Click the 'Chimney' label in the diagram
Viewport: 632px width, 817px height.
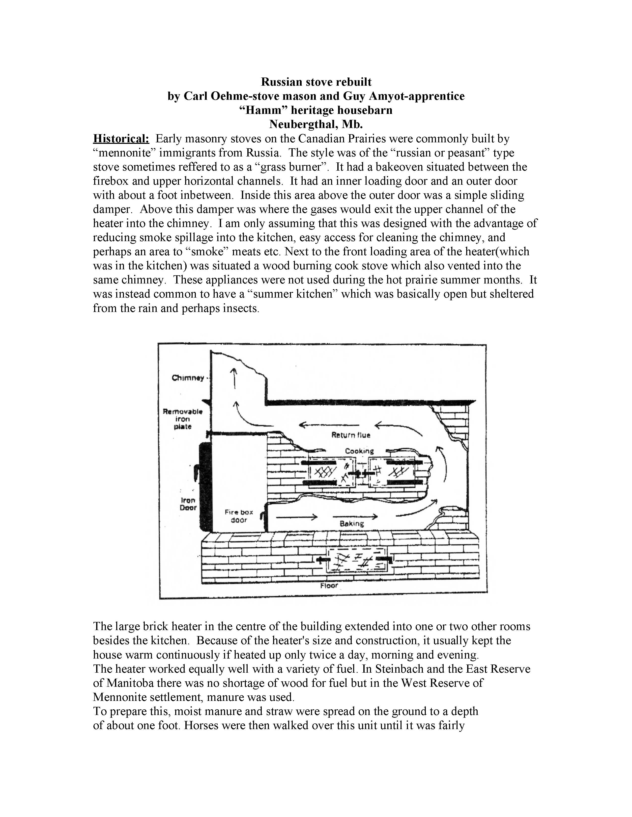pos(188,378)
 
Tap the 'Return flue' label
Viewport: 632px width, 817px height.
pos(350,435)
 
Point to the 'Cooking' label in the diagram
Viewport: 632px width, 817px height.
pos(359,451)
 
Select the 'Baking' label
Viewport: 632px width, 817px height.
pos(352,524)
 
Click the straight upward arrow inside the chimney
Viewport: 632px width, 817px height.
pos(235,378)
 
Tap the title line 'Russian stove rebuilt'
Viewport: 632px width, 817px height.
pos(316,82)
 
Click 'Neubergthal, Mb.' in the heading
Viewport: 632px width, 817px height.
pos(316,124)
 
